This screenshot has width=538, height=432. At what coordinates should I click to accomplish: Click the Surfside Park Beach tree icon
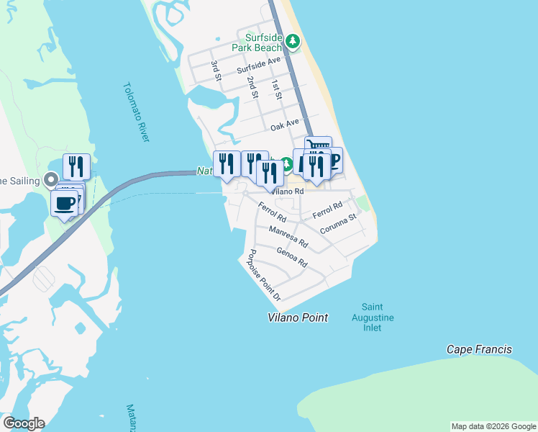point(292,41)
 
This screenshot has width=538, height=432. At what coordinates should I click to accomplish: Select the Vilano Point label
point(298,318)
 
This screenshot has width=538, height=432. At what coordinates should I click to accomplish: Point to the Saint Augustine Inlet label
point(372,318)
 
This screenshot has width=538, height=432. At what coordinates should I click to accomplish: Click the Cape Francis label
point(479,350)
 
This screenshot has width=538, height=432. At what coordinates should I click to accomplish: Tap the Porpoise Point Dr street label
point(263,275)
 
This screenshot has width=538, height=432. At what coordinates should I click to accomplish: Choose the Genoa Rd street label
point(292,258)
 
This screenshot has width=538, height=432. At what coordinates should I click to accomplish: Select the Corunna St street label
point(338,223)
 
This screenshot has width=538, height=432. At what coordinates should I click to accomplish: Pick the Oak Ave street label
point(284,125)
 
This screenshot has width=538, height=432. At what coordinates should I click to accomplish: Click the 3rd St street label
point(214,71)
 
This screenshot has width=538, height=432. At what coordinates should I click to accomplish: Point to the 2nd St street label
point(252,86)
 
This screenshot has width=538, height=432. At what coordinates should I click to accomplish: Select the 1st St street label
point(275,88)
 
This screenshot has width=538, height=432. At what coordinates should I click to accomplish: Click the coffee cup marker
point(65,203)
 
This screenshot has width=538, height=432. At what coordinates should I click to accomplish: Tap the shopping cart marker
point(318,147)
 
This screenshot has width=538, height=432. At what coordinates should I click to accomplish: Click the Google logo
point(24,423)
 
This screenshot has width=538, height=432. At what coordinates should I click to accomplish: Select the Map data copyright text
point(493,426)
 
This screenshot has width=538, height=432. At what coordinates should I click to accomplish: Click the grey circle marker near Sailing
point(50,179)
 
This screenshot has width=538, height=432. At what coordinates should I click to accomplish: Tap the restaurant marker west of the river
point(76,166)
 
